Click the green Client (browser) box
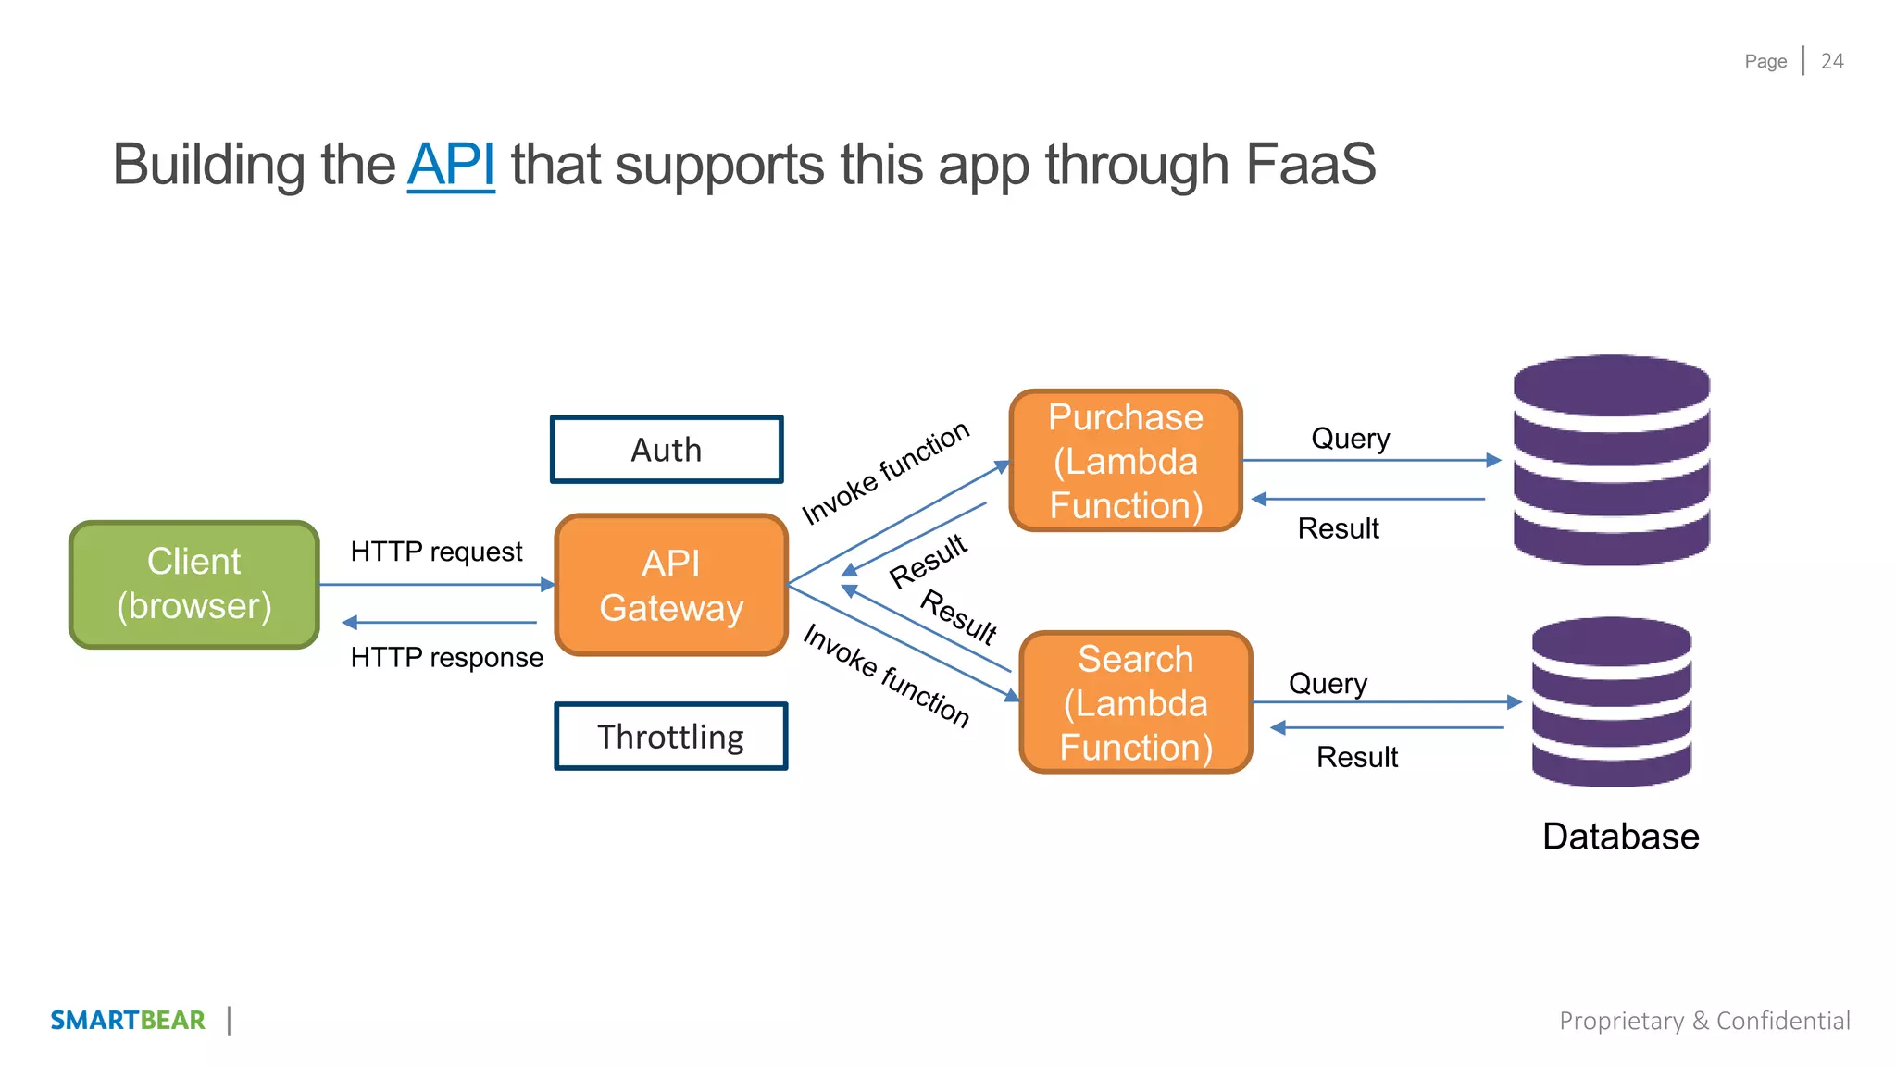pyautogui.click(x=194, y=584)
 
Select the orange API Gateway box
pyautogui.click(x=671, y=585)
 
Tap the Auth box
pyautogui.click(x=667, y=450)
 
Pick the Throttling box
pyautogui.click(x=671, y=737)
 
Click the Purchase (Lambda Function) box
pyautogui.click(x=1126, y=461)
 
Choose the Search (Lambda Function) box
pyautogui.click(x=1136, y=702)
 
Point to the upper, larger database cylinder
pyautogui.click(x=1611, y=460)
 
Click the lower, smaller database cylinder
pyautogui.click(x=1611, y=702)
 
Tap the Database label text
pyautogui.click(x=1620, y=837)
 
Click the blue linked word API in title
pyautogui.click(x=451, y=165)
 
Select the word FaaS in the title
pyautogui.click(x=1310, y=165)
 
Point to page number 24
pyautogui.click(x=1832, y=61)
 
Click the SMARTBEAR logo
pyautogui.click(x=128, y=1020)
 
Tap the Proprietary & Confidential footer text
pyautogui.click(x=1704, y=1021)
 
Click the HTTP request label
pyautogui.click(x=436, y=552)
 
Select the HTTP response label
pyautogui.click(x=446, y=657)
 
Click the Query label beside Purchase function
pyautogui.click(x=1350, y=439)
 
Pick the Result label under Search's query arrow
pyautogui.click(x=1356, y=757)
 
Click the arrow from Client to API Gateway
pyautogui.click(x=435, y=585)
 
